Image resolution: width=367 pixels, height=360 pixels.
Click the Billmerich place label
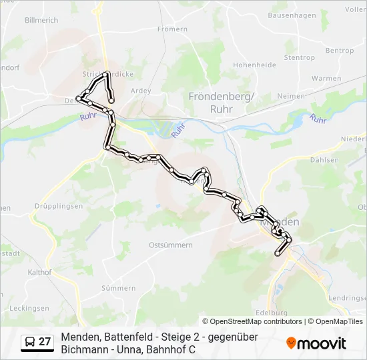41,21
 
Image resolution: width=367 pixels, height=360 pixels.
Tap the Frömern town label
172,29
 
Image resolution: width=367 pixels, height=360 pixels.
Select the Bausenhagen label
291,15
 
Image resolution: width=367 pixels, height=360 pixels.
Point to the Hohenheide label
254,65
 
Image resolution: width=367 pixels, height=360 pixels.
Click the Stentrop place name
299,58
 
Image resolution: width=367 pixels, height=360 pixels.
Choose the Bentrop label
340,51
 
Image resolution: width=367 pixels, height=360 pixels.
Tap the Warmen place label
326,79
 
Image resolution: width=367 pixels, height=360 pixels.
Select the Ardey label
141,91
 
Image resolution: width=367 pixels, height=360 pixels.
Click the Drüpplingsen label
59,207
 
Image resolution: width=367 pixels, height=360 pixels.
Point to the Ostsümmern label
171,245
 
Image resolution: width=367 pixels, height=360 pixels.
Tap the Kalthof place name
40,272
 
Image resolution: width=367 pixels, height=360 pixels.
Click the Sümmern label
118,288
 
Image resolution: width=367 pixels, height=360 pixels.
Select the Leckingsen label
29,309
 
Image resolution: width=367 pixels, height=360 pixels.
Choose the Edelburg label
272,312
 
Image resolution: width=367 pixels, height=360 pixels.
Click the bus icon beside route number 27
30,342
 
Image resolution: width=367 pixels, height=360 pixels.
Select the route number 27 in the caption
45,342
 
